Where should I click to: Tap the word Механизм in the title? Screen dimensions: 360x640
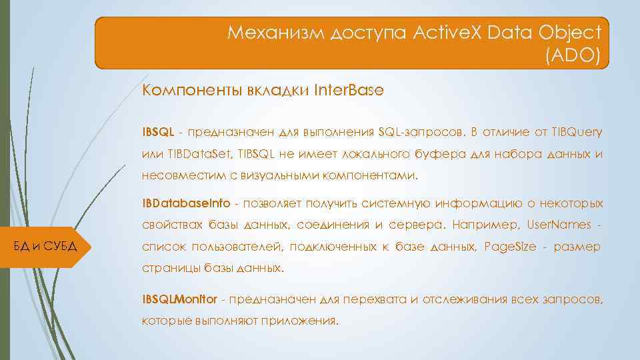pos(274,32)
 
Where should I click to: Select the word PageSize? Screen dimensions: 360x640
pos(510,247)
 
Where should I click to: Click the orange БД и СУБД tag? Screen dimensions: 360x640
pos(47,247)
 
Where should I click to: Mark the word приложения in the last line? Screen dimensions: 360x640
pos(305,321)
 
